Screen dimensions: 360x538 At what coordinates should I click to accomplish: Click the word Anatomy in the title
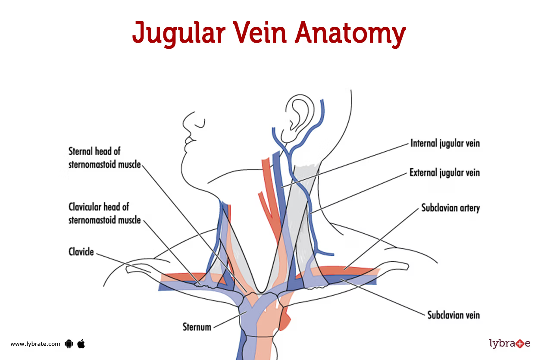[350, 33]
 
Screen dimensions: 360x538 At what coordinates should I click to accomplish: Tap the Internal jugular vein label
[445, 143]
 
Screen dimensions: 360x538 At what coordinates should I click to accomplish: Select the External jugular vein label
[444, 173]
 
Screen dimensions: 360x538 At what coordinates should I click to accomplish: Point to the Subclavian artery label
[450, 208]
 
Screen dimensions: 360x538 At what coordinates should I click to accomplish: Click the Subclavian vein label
[454, 315]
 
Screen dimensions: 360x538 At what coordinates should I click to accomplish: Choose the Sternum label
[197, 326]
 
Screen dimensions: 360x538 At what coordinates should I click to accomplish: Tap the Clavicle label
[81, 251]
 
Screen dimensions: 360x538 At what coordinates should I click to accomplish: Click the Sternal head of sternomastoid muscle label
[105, 157]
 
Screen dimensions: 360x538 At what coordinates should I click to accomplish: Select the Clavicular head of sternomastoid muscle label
[105, 213]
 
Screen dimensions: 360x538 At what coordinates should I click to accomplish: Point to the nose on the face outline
[187, 122]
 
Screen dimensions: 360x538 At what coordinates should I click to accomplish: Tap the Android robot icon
[69, 344]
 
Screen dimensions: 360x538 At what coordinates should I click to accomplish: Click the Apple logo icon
[81, 343]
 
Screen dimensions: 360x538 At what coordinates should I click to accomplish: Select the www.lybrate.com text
[35, 344]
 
